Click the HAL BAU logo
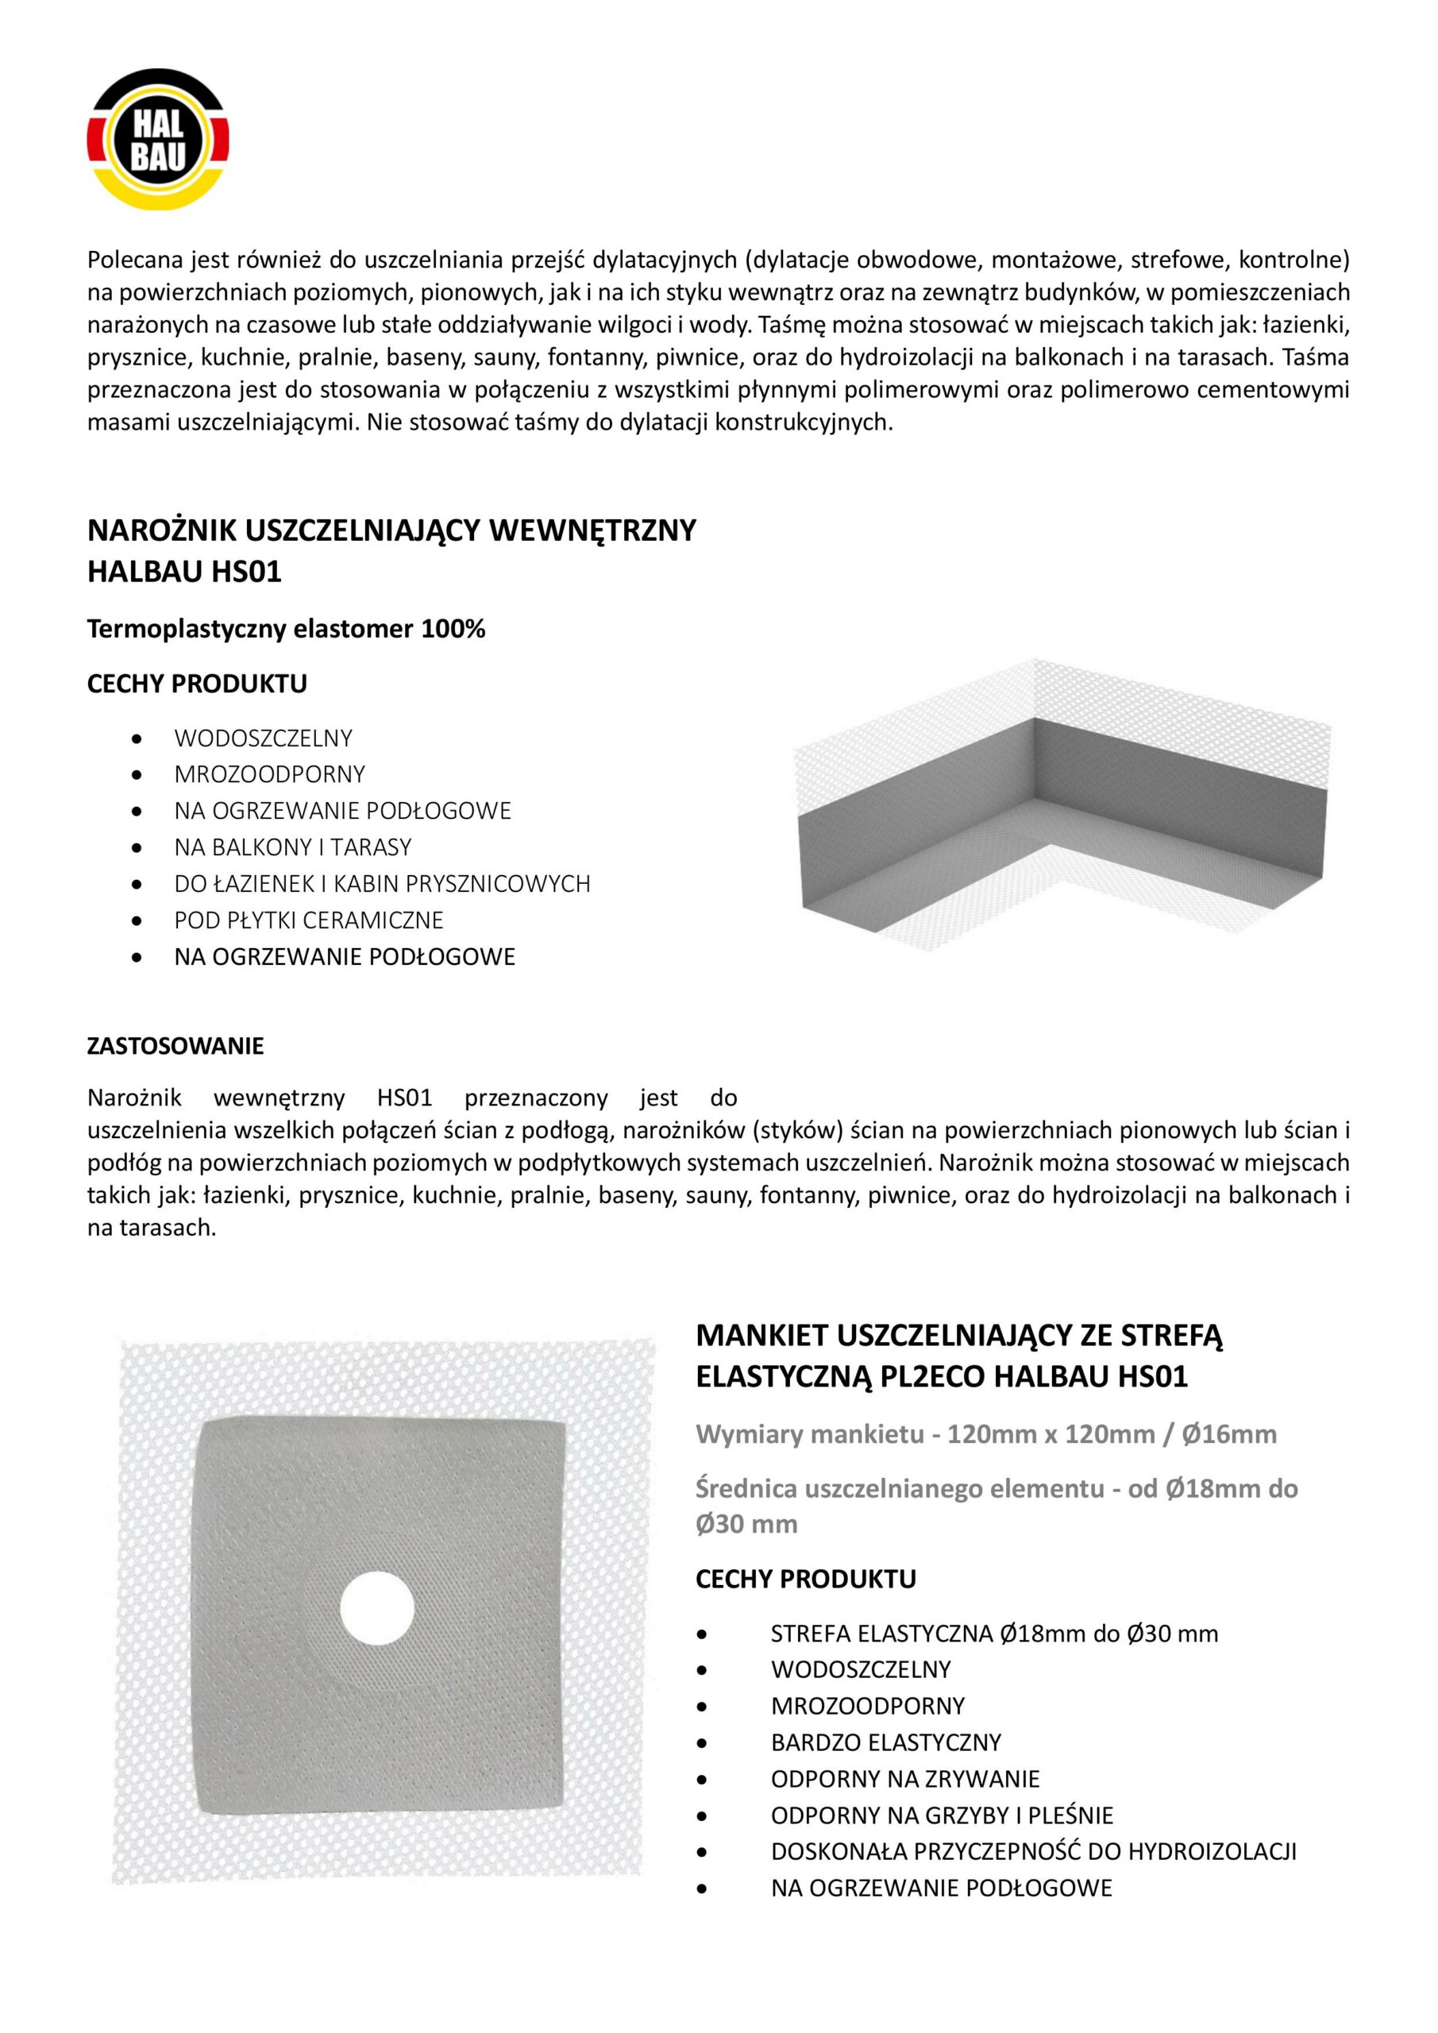(159, 140)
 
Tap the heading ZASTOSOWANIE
(175, 1046)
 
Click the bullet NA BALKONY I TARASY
(292, 847)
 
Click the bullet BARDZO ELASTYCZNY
(885, 1742)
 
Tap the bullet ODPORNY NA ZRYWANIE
(905, 1779)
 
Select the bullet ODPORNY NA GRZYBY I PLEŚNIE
(941, 1815)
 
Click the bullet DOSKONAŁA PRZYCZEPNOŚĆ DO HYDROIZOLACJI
(1033, 1851)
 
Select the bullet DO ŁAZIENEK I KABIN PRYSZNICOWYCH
(382, 884)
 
